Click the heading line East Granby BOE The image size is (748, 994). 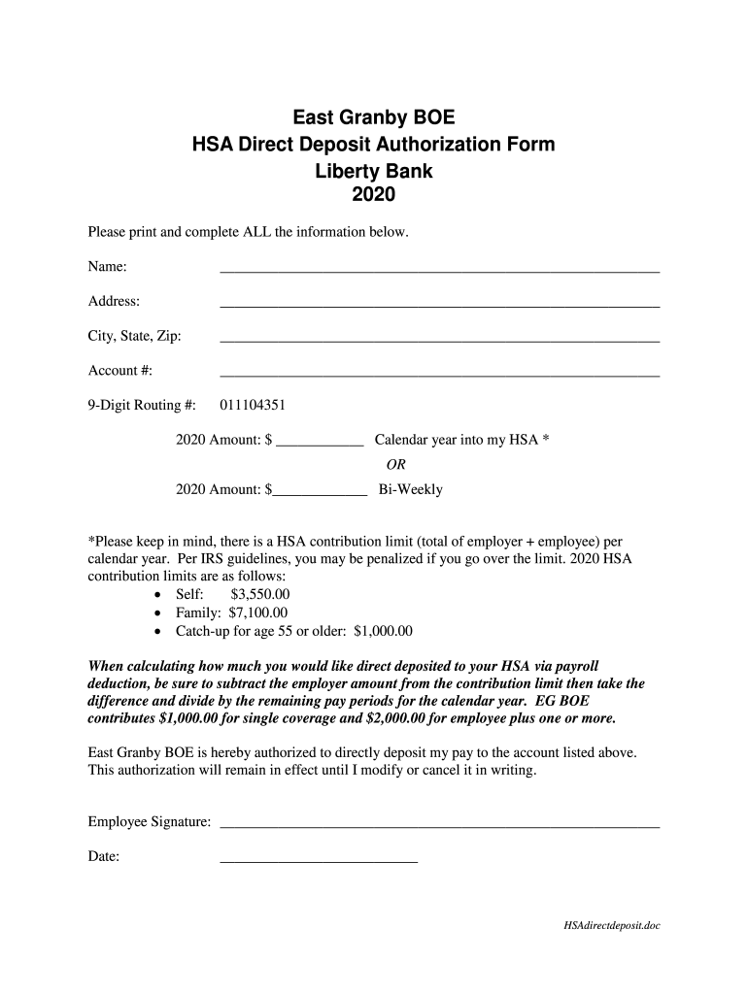(374, 119)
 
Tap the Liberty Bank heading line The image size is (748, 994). (374, 171)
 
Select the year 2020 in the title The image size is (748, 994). (373, 195)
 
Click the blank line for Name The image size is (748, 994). (440, 271)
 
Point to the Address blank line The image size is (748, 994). (440, 306)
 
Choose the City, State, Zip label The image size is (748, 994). (135, 336)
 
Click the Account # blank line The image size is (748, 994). (440, 374)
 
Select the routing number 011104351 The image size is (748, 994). (253, 405)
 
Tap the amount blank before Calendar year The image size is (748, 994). (320, 444)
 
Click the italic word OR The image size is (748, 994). (396, 464)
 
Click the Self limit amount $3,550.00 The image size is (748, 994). (260, 594)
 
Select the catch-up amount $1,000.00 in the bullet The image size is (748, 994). (384, 631)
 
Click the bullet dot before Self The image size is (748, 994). (159, 595)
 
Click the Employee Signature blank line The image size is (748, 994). (440, 826)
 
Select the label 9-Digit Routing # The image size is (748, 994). (143, 405)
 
